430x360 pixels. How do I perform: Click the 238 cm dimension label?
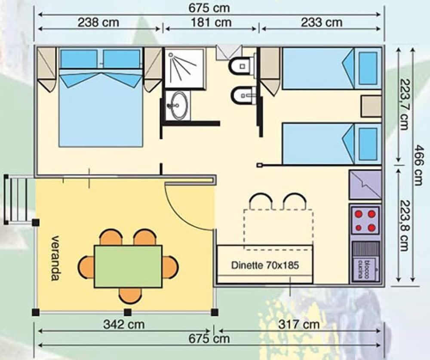pyautogui.click(x=98, y=22)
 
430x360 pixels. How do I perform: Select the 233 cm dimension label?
pyautogui.click(x=322, y=22)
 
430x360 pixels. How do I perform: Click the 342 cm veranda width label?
pyautogui.click(x=123, y=324)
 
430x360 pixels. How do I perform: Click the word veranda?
pyautogui.click(x=55, y=258)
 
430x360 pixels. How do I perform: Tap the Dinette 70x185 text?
pyautogui.click(x=265, y=265)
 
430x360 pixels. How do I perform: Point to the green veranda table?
pyautogui.click(x=128, y=266)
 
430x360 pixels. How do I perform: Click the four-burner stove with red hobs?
pyautogui.click(x=365, y=220)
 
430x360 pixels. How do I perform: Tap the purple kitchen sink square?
pyautogui.click(x=365, y=185)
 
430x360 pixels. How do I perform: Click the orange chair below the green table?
pyautogui.click(x=130, y=296)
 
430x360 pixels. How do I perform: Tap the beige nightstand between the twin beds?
pyautogui.click(x=371, y=106)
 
